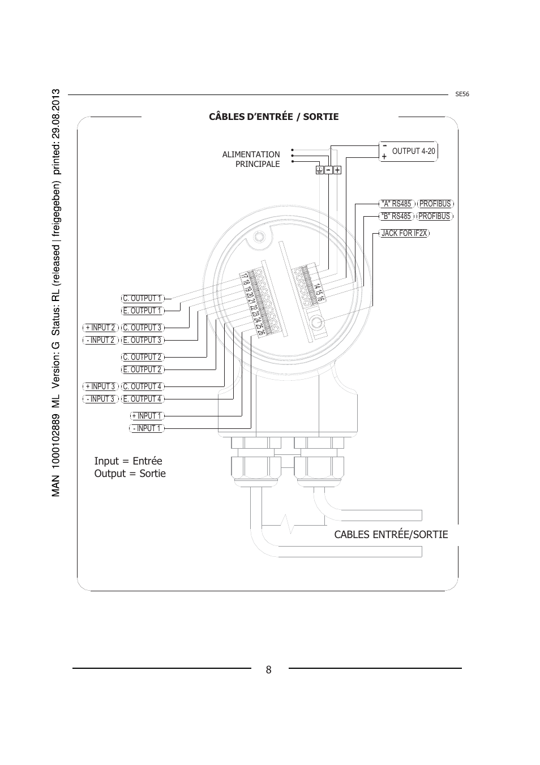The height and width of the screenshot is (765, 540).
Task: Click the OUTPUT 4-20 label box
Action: [x=408, y=151]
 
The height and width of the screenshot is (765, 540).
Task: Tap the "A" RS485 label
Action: [x=397, y=204]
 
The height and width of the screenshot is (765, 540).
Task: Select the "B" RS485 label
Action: [x=397, y=216]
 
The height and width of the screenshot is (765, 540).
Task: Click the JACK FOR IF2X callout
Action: [x=404, y=233]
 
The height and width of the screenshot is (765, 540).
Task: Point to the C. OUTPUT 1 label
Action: [x=143, y=299]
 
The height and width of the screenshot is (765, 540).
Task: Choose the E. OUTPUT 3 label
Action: [x=143, y=340]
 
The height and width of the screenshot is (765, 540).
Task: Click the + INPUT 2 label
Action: [x=100, y=328]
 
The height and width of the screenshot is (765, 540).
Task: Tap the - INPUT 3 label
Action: [x=100, y=399]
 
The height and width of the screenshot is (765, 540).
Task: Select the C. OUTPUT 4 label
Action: [x=143, y=386]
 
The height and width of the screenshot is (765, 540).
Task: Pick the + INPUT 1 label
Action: [x=147, y=416]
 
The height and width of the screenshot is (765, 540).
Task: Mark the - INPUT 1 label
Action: [x=147, y=428]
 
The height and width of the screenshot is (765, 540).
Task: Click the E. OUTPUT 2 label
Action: [x=143, y=369]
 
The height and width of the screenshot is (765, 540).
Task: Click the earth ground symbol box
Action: [x=319, y=170]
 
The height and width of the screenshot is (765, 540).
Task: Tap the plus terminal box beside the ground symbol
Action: [x=337, y=170]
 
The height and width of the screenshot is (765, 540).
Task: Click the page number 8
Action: [x=268, y=670]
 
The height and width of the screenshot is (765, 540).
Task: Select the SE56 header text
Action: [x=462, y=94]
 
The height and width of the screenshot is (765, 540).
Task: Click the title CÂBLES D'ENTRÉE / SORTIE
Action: [x=273, y=117]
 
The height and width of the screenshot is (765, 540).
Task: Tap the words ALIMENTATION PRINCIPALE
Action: [x=251, y=159]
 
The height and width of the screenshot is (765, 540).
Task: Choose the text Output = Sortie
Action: [x=130, y=474]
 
